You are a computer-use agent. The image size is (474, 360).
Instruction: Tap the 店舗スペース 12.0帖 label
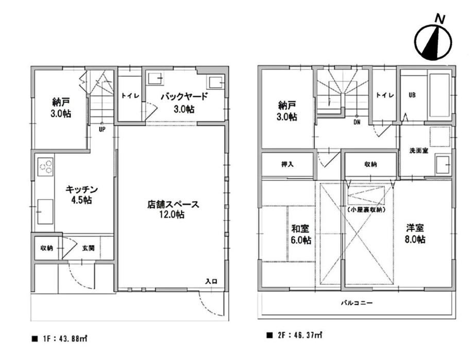click(x=173, y=209)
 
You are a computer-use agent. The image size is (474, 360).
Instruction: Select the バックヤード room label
click(x=184, y=97)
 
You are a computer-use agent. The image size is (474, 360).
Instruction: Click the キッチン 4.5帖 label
click(x=81, y=195)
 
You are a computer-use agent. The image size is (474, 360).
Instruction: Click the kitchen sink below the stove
click(x=45, y=211)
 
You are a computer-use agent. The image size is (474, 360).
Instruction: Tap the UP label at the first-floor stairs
click(x=102, y=129)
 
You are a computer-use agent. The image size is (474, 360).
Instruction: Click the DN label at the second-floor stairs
click(x=357, y=123)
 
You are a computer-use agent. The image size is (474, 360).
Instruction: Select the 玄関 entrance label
click(x=88, y=248)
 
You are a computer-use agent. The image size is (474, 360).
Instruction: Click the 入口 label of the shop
click(x=211, y=281)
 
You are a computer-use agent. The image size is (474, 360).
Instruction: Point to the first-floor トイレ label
click(x=130, y=96)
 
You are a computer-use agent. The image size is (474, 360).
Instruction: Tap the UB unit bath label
click(x=412, y=95)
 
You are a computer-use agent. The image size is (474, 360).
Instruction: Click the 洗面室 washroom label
click(x=419, y=151)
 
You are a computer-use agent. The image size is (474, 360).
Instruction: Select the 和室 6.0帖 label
click(x=301, y=234)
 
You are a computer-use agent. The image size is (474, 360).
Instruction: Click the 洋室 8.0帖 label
click(x=415, y=234)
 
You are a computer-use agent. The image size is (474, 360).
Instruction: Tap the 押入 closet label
click(x=287, y=165)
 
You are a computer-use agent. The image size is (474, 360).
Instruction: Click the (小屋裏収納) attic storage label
click(x=366, y=209)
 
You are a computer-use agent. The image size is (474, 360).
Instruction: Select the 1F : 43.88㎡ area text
click(x=60, y=338)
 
